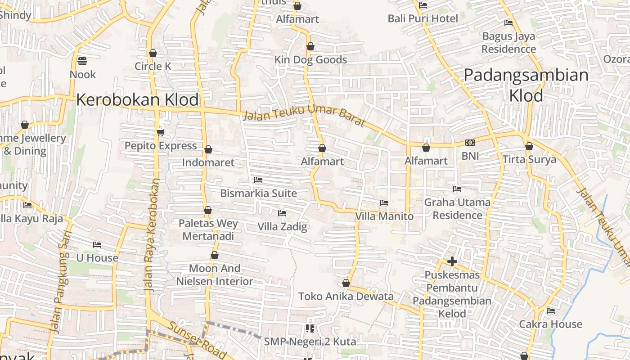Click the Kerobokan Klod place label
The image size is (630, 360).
137,99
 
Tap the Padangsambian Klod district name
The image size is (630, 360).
526,85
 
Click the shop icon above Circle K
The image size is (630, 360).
153,53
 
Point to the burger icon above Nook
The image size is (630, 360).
82,61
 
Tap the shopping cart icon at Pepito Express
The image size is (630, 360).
161,132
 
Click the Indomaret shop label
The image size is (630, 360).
208,162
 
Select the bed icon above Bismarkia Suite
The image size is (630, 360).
258,180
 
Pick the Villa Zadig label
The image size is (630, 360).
282,226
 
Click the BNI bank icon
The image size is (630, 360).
470,143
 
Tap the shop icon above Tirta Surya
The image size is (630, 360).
529,146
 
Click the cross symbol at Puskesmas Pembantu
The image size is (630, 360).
452,261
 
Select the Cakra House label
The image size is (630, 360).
550,324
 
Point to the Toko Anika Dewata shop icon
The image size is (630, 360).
346,283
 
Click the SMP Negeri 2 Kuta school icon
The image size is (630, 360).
310,328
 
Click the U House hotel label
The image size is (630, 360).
97,258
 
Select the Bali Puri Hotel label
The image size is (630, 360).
423,18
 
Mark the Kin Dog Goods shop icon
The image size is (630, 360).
310,46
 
